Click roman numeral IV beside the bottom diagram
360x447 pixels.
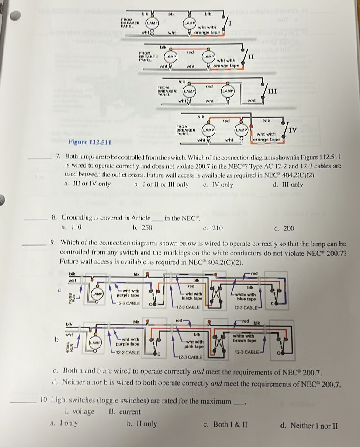tap(293, 130)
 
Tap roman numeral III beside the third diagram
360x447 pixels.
tap(273, 91)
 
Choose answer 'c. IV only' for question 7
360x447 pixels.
tap(218, 185)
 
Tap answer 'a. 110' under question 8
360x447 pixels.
tap(72, 228)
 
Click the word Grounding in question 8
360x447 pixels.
tap(77, 217)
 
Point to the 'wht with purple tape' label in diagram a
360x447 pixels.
tap(128, 293)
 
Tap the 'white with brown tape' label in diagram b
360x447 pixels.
tap(244, 338)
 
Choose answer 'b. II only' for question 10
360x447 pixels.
tap(142, 424)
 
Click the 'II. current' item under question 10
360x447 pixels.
tap(125, 412)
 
